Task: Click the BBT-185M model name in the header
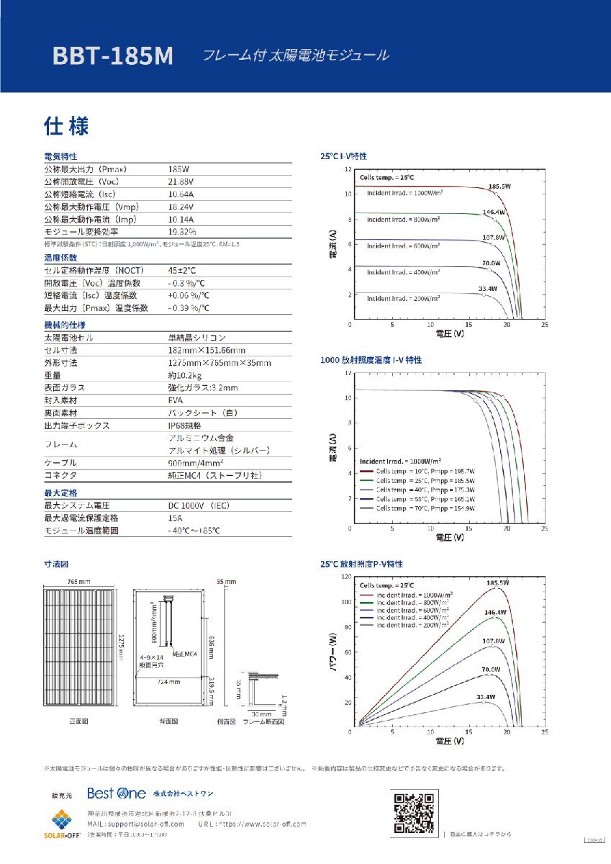(113, 57)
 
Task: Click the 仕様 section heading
(66, 127)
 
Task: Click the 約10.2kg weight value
(185, 375)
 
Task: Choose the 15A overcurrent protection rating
(176, 518)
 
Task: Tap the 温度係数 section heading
(60, 257)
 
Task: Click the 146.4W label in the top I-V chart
(493, 212)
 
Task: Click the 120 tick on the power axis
(348, 577)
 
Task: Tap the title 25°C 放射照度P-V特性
(361, 564)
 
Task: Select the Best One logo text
(117, 793)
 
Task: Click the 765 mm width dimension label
(79, 581)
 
